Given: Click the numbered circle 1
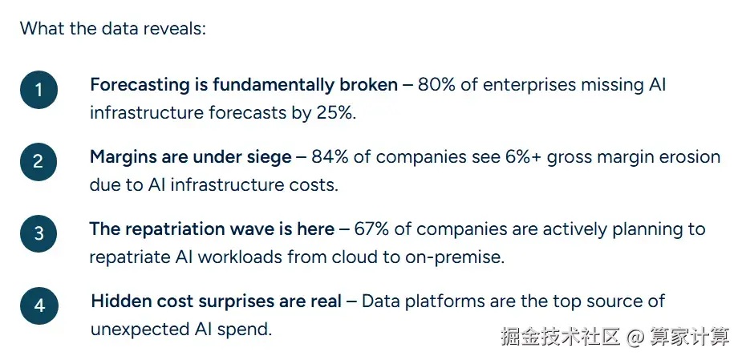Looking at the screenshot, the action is click(x=39, y=90).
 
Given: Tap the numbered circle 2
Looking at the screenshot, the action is click(x=39, y=162).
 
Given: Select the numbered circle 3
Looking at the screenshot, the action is click(x=39, y=233).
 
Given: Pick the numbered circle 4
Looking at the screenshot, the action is click(x=39, y=305).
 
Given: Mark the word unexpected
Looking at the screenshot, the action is click(x=139, y=330).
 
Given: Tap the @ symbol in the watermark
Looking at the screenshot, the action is click(x=635, y=336).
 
